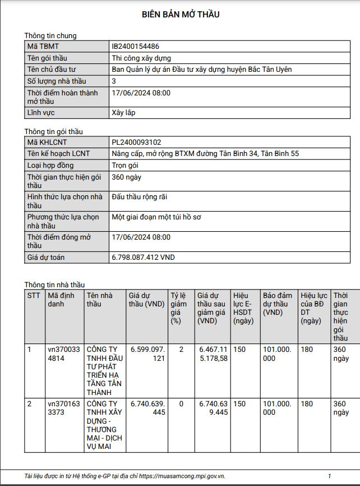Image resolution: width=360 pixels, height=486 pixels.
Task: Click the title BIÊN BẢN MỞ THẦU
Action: pyautogui.click(x=180, y=15)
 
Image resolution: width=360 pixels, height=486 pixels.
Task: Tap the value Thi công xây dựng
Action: pyautogui.click(x=141, y=58)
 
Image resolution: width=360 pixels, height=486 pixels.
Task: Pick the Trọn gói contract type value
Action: pyautogui.click(x=125, y=166)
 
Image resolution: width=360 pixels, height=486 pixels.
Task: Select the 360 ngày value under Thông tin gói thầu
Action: pyautogui.click(x=127, y=177)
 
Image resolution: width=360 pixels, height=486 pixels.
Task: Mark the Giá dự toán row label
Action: pyautogui.click(x=46, y=258)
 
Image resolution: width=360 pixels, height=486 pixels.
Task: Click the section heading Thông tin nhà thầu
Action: pyautogui.click(x=54, y=285)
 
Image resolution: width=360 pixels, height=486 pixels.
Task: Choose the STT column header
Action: pyautogui.click(x=34, y=295)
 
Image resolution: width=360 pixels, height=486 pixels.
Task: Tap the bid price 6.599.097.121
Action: pyautogui.click(x=147, y=354)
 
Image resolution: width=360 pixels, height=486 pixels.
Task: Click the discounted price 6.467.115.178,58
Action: pyautogui.click(x=213, y=354)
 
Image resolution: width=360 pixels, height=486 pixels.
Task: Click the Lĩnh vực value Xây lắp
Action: pyautogui.click(x=123, y=113)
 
